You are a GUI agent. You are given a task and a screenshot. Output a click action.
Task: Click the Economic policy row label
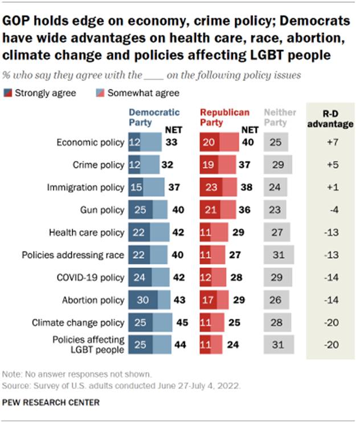91,143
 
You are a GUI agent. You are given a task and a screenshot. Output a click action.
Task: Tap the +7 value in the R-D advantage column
331,143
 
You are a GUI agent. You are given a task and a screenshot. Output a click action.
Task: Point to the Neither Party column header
280,117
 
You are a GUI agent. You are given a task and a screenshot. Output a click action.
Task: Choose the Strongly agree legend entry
39,93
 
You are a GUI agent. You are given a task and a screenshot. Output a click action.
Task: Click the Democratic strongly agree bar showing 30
144,300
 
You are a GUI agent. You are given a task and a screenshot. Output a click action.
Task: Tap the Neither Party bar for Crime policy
278,165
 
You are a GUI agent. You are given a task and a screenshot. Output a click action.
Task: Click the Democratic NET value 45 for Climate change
182,323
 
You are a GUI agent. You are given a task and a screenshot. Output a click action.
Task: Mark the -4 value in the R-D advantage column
331,210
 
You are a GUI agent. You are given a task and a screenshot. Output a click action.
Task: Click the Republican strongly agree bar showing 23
211,188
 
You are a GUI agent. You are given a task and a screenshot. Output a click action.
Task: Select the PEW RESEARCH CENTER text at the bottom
52,402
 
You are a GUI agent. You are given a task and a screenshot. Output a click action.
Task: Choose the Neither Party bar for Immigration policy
276,188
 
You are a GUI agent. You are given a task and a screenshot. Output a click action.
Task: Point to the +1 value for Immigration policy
331,188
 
